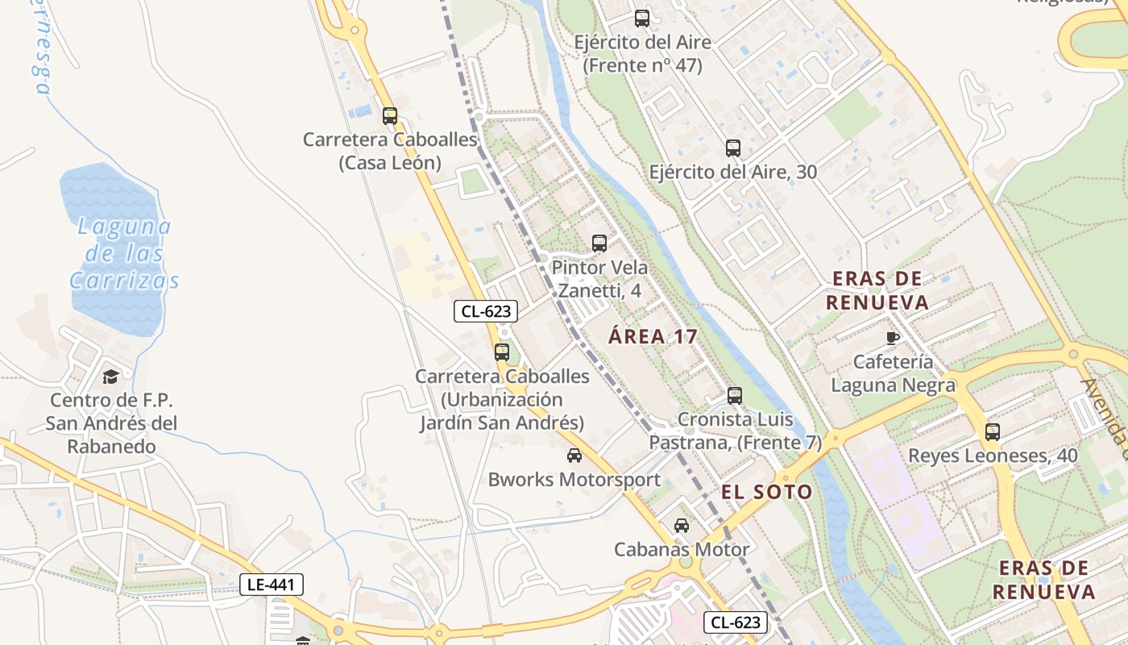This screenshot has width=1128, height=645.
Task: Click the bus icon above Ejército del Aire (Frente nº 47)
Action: coord(641,19)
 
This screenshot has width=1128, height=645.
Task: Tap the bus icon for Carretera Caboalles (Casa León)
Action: coord(390,116)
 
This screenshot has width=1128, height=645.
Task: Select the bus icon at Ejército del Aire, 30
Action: coord(732,148)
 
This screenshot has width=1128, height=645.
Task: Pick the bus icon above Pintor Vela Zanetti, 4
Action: coord(599,243)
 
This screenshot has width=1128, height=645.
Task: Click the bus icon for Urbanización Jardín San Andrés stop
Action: coord(502,352)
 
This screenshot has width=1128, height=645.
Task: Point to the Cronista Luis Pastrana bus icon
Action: coord(734,396)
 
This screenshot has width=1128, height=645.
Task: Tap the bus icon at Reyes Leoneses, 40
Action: coord(992,432)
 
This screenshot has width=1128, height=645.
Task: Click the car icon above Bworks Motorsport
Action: coord(574,456)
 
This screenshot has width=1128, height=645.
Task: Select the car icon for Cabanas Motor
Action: coord(682,526)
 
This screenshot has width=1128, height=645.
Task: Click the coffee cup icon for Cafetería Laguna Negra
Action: coord(892,338)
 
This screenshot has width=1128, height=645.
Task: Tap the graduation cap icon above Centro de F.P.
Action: coord(110,377)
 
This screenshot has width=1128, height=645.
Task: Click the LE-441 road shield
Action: coord(271,585)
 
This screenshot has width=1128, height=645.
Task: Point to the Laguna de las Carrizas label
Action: coord(124,253)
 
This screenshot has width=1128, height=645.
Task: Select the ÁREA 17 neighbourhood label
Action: coord(653,337)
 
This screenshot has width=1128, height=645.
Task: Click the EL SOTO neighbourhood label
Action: coord(766,492)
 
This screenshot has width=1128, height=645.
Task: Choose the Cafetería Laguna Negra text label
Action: coord(893,373)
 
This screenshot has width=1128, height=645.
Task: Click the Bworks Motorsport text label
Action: coord(574,480)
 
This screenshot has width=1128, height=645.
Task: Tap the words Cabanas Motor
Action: coord(682,550)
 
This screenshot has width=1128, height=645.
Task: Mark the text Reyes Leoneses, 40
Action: coord(993,456)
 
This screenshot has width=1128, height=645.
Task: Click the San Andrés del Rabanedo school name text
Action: coord(111,423)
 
